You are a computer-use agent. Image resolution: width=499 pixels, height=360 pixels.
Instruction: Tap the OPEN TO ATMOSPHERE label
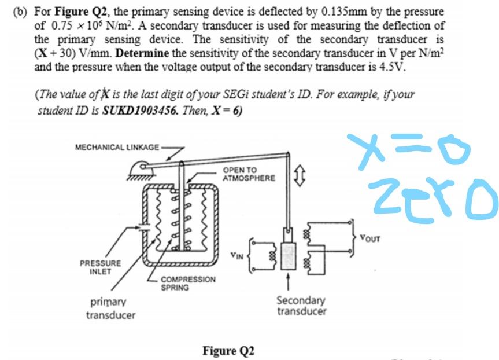tap(249, 174)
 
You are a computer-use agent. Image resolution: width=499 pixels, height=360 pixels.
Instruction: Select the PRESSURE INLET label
tap(101, 267)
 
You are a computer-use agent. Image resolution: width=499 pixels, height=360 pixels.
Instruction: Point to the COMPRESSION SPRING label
tap(188, 283)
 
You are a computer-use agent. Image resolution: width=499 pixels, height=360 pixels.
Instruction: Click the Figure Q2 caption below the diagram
tap(228, 351)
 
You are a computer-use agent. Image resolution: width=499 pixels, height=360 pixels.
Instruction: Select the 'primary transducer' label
tap(110, 308)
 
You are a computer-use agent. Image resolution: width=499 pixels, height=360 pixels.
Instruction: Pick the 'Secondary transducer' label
tap(301, 306)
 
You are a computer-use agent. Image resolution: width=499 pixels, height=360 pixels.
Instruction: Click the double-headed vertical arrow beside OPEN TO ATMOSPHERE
tap(298, 172)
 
